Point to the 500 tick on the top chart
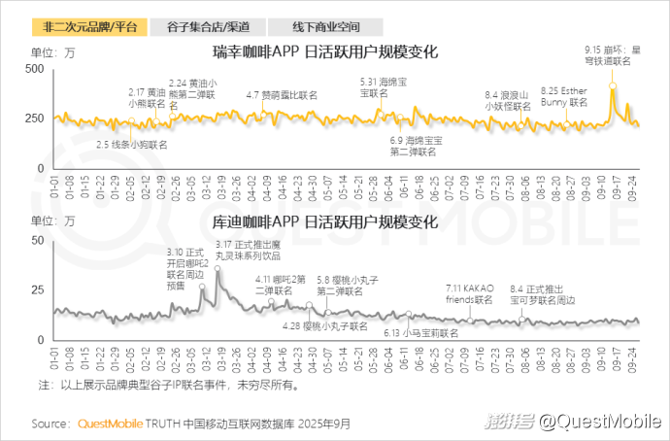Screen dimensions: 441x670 [31, 70]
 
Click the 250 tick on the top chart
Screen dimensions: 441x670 [31, 119]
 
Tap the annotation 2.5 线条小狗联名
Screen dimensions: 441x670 [132, 144]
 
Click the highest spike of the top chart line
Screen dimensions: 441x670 [613, 86]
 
